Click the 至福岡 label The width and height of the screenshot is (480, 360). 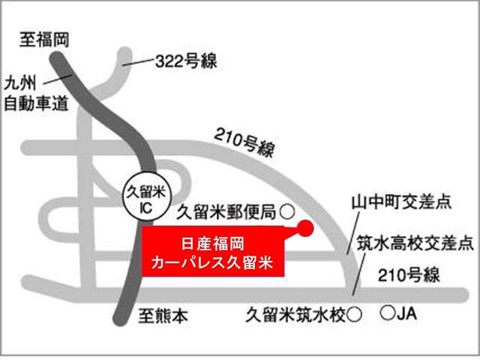pos(45,40)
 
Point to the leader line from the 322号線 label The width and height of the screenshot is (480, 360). pos(138,65)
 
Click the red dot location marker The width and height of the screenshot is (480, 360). pos(304,229)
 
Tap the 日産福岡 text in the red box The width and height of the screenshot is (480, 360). pos(214,244)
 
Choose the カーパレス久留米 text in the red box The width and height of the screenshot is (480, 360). pos(214,263)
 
